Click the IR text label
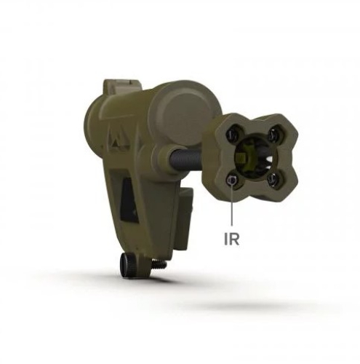click(x=232, y=239)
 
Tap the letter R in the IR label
click(x=234, y=239)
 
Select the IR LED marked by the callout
click(x=232, y=181)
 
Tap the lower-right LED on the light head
click(x=273, y=180)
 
